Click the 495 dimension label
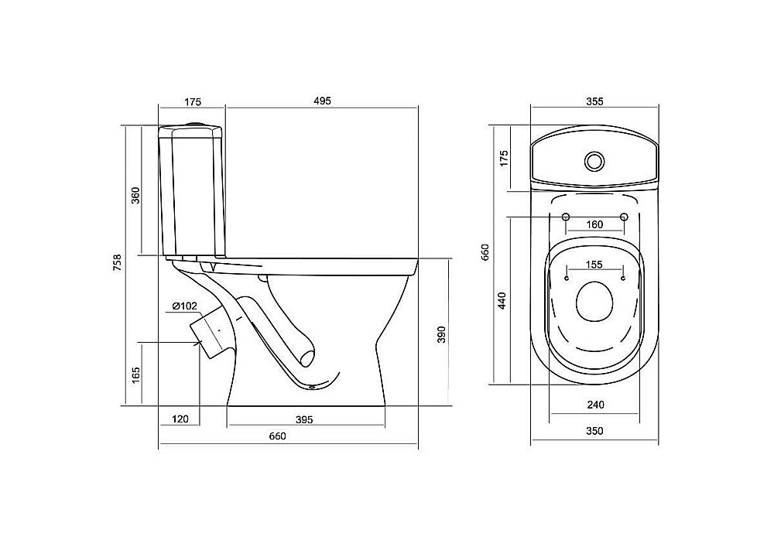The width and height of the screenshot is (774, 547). tap(322, 101)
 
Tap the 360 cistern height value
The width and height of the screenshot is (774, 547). tap(135, 195)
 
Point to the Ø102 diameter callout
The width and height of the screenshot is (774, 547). tap(185, 306)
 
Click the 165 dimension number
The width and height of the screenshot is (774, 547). tap(136, 375)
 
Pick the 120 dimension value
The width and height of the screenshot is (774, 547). tap(180, 419)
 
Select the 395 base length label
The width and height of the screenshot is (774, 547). tap(304, 420)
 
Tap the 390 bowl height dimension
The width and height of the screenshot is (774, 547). tap(441, 335)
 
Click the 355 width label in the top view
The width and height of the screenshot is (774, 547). tap(594, 101)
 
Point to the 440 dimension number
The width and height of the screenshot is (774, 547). tap(502, 301)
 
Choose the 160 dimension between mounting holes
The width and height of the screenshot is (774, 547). tap(594, 224)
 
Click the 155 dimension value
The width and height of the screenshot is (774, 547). tap(594, 265)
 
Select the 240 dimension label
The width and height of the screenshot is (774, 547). tap(595, 405)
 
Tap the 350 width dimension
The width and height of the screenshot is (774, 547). tap(594, 431)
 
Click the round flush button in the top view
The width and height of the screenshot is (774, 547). tap(594, 161)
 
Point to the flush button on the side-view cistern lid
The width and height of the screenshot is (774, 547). tap(197, 122)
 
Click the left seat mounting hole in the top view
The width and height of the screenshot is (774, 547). tap(566, 217)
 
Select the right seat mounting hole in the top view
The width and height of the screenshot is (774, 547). tap(624, 217)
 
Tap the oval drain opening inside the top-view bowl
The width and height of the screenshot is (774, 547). tap(594, 303)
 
